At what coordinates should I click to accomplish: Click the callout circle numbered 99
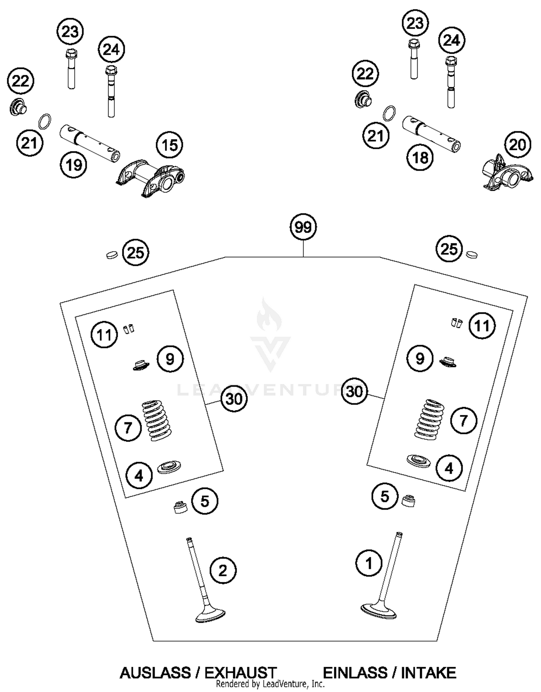tap(303, 227)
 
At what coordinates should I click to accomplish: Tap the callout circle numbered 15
tap(170, 145)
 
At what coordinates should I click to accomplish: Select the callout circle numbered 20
tap(518, 145)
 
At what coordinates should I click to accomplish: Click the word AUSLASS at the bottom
tap(155, 673)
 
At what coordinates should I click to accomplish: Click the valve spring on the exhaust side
tap(157, 421)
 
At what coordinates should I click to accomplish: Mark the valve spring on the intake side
tap(431, 419)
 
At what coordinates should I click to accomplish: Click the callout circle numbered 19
tap(74, 165)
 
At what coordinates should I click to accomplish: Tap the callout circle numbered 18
tap(420, 157)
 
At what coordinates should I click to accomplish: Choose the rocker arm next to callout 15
tap(151, 179)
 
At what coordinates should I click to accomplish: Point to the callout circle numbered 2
tap(223, 571)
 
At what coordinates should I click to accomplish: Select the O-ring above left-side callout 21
tap(44, 121)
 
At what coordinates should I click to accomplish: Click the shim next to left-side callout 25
tap(112, 255)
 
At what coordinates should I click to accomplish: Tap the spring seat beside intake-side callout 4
tap(418, 460)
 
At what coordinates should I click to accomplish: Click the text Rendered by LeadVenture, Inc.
tap(270, 684)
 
